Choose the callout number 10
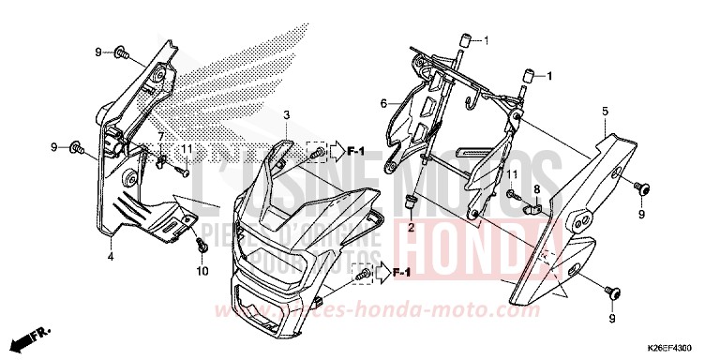point(201,272)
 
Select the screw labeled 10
point(202,245)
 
